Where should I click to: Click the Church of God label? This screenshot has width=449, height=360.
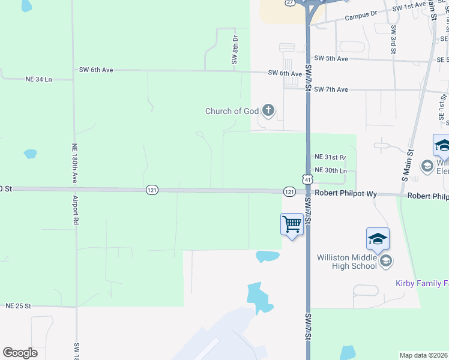pyautogui.click(x=232, y=111)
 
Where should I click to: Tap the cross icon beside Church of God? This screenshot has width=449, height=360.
pyautogui.click(x=268, y=110)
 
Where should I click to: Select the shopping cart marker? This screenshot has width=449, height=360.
pyautogui.click(x=292, y=226)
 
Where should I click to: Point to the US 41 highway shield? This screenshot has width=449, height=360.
pyautogui.click(x=307, y=179)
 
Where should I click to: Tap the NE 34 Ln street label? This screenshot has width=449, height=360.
pyautogui.click(x=39, y=79)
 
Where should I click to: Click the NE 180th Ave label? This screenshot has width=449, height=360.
pyautogui.click(x=74, y=163)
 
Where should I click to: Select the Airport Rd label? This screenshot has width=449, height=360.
pyautogui.click(x=76, y=209)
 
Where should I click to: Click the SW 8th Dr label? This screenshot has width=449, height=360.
pyautogui.click(x=235, y=50)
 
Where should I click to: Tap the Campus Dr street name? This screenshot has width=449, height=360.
pyautogui.click(x=361, y=17)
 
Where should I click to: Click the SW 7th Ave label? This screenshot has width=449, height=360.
pyautogui.click(x=333, y=89)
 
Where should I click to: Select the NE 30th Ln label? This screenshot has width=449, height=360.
pyautogui.click(x=331, y=170)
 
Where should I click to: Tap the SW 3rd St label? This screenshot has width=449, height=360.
pyautogui.click(x=393, y=40)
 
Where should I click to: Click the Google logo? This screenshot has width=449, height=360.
pyautogui.click(x=20, y=353)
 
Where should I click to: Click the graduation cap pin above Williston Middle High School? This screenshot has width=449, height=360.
pyautogui.click(x=378, y=239)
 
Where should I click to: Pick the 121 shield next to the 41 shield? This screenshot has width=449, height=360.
pyautogui.click(x=289, y=191)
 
